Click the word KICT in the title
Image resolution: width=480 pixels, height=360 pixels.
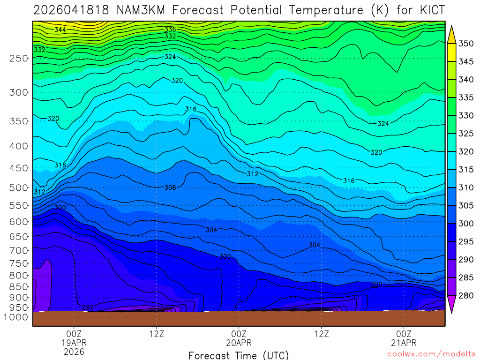point(428,10)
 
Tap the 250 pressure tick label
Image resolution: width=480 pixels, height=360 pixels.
point(19,58)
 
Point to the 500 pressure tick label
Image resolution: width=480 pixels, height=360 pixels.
point(19,188)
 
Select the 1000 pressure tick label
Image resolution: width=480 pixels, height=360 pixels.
point(16,317)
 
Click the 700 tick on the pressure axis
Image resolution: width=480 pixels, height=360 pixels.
point(19,250)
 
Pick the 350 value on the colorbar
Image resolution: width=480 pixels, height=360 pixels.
point(466,44)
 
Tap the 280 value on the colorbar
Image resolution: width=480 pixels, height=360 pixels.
point(466,295)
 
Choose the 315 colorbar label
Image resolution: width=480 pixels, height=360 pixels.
point(466,170)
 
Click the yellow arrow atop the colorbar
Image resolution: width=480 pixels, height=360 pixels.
point(451,35)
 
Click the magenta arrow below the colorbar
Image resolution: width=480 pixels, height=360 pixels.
point(451,304)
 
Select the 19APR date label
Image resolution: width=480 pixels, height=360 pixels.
point(74,343)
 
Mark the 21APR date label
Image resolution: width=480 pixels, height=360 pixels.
point(404,343)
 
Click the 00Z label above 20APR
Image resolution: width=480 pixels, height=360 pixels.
point(239,334)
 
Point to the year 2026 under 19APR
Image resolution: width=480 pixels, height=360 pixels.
point(74,351)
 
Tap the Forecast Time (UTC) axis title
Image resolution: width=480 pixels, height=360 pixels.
point(239,355)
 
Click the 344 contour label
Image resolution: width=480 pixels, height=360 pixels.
point(60,30)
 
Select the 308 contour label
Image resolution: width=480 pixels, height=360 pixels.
point(170,187)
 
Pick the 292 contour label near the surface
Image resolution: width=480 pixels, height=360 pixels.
point(88,307)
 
